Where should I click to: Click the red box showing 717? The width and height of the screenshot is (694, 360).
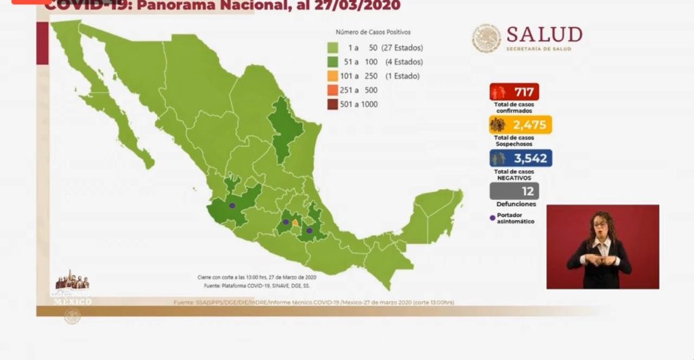pyautogui.click(x=514, y=92)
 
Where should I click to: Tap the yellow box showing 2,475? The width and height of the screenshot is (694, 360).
pyautogui.click(x=520, y=125)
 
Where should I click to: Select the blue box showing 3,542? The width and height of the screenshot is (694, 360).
pyautogui.click(x=520, y=158)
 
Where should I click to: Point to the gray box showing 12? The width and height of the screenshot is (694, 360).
pyautogui.click(x=514, y=191)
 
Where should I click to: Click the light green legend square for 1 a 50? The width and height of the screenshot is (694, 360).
pyautogui.click(x=333, y=47)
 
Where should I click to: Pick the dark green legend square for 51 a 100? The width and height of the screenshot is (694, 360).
pyautogui.click(x=333, y=62)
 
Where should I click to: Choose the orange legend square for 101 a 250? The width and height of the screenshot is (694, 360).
pyautogui.click(x=333, y=76)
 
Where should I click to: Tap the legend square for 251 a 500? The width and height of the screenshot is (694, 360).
pyautogui.click(x=333, y=90)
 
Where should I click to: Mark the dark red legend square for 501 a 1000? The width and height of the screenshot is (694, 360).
pyautogui.click(x=333, y=104)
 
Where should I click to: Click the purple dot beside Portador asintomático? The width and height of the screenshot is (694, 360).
pyautogui.click(x=492, y=218)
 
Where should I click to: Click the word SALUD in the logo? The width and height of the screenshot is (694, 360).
pyautogui.click(x=544, y=35)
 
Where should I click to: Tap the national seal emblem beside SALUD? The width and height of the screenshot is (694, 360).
pyautogui.click(x=486, y=38)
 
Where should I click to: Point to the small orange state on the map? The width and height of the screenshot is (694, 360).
pyautogui.click(x=295, y=222)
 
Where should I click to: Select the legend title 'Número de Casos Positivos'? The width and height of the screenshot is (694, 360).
pyautogui.click(x=373, y=32)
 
